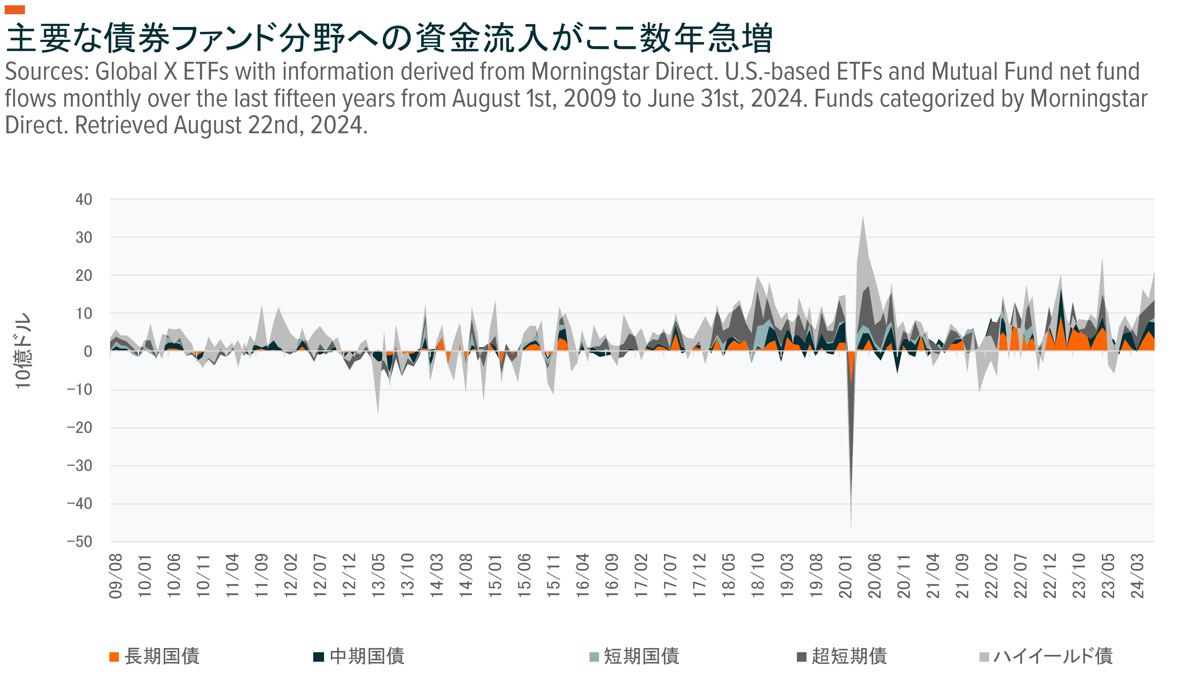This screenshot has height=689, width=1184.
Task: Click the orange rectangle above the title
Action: point(15,9)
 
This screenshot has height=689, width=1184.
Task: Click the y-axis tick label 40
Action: point(83,199)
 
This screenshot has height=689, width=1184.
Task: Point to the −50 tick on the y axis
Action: point(80,542)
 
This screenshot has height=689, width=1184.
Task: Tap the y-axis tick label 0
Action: point(87,351)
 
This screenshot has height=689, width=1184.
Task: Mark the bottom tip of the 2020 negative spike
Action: point(851,530)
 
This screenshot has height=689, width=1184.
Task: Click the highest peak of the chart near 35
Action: point(863,217)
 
